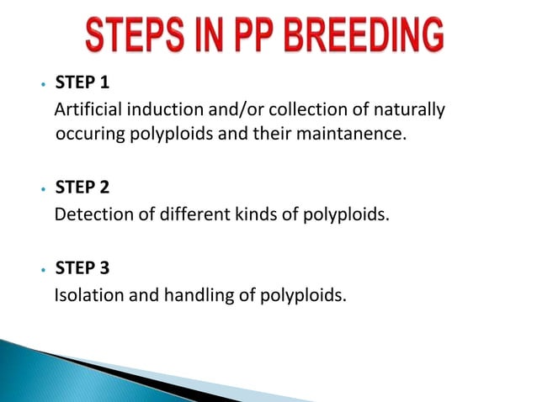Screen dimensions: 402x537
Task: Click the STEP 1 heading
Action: (x=82, y=84)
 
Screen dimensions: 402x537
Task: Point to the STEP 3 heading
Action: (x=82, y=269)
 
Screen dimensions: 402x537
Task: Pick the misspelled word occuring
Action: (x=88, y=135)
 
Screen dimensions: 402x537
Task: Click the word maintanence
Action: (x=359, y=135)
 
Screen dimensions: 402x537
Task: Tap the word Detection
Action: (x=93, y=213)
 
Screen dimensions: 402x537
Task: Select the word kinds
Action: (x=247, y=213)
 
